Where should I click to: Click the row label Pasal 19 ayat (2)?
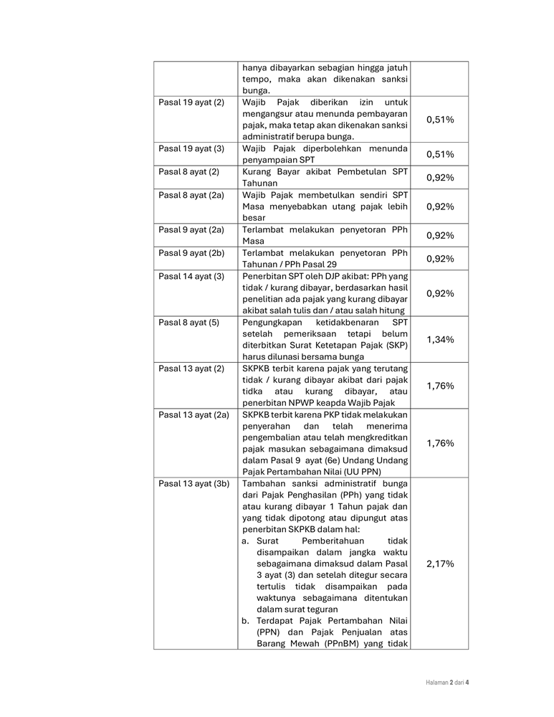click(191, 103)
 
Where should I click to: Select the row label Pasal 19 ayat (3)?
click(191, 148)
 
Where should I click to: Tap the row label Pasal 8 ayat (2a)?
click(193, 195)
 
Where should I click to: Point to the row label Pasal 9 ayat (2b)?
click(193, 253)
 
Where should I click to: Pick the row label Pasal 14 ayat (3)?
click(191, 276)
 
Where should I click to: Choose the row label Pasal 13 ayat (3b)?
click(194, 484)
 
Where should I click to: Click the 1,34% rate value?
click(440, 339)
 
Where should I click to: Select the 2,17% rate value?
click(440, 564)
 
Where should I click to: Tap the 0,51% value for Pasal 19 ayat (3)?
click(440, 154)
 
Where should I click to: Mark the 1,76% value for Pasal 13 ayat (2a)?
click(440, 443)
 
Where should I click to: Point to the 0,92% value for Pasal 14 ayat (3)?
click(440, 293)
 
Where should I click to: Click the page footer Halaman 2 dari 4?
click(442, 682)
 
